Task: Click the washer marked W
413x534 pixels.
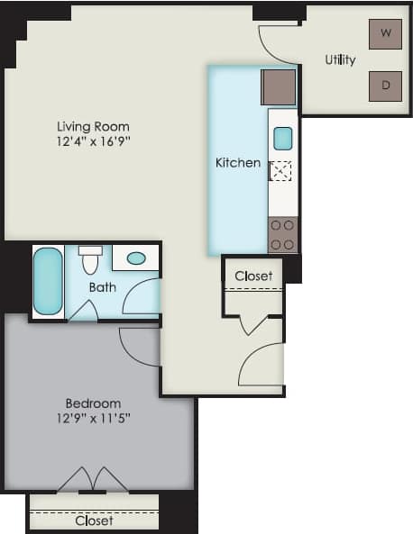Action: point(385,33)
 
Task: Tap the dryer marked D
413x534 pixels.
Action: point(385,86)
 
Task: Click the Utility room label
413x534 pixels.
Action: point(340,60)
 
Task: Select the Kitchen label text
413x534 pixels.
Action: point(238,163)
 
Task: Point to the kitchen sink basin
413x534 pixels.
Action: point(282,138)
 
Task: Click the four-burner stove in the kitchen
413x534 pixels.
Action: point(282,234)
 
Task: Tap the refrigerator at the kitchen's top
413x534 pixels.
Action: point(279,87)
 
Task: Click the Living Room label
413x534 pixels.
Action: point(93,126)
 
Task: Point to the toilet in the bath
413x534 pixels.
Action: point(90,260)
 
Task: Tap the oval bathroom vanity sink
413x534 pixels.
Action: point(136,258)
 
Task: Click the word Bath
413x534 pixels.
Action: point(102,287)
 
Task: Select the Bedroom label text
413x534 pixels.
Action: point(93,403)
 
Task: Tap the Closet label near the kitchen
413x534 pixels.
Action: point(253,276)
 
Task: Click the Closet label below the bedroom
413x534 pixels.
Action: point(94,520)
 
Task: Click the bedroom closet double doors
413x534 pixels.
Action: point(93,481)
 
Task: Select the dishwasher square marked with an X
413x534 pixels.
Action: point(281,170)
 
